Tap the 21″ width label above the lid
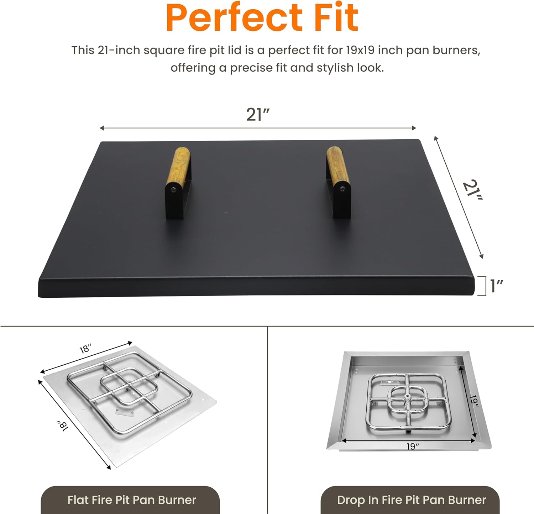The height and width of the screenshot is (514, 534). [x=258, y=115]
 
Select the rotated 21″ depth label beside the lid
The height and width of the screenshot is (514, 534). [x=472, y=190]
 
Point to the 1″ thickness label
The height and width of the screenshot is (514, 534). [x=496, y=286]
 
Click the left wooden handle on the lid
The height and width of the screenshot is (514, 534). [x=178, y=165]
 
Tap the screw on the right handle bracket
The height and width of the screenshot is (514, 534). [x=342, y=189]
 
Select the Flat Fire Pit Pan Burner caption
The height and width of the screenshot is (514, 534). [x=131, y=500]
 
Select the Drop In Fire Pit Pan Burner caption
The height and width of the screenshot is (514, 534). [x=411, y=500]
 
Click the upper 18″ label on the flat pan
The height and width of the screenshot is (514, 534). [x=85, y=349]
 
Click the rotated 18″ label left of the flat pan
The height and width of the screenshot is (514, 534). [x=63, y=426]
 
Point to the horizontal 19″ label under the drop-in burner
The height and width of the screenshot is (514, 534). [x=413, y=446]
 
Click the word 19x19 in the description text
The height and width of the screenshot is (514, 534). [x=360, y=50]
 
